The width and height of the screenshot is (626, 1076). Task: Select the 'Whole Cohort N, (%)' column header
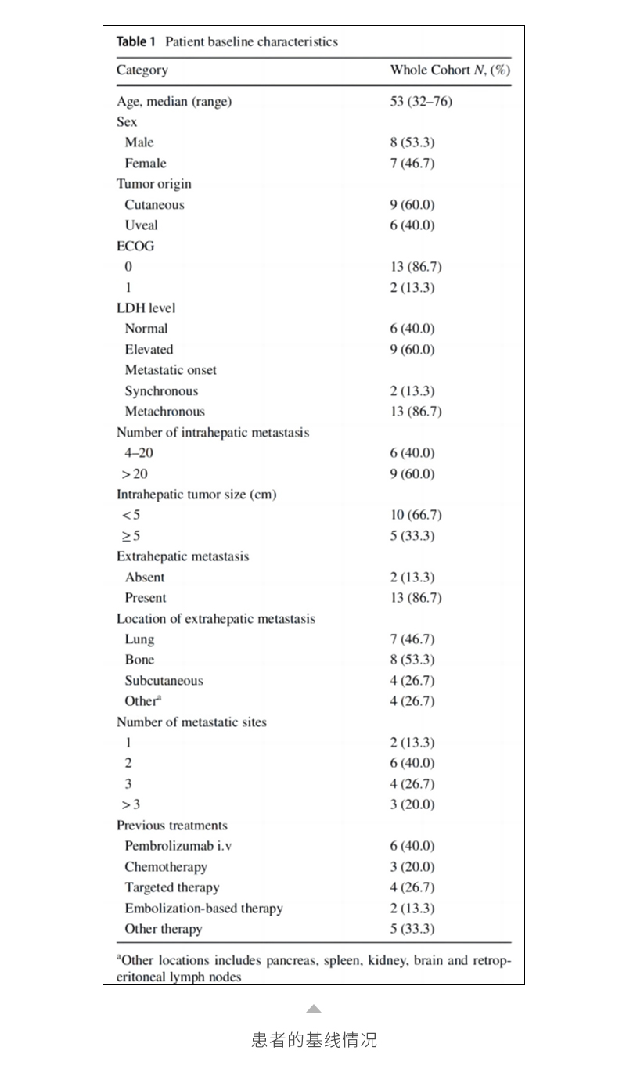coord(450,70)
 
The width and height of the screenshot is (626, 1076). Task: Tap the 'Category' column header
coord(142,70)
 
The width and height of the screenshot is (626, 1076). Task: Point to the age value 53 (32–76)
coord(421,101)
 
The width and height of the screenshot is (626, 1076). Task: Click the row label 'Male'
coord(139,142)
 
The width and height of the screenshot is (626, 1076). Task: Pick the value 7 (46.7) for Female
coord(412,163)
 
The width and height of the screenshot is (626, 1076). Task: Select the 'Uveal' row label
coord(141,225)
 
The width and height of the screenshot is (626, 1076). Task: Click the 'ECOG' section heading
coord(135,246)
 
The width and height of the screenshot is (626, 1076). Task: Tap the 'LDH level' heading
coord(146,308)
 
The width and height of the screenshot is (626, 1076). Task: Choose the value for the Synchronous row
coord(412,391)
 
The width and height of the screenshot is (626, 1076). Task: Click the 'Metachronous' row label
coord(164,412)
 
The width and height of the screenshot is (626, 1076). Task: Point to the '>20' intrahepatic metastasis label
coord(135,474)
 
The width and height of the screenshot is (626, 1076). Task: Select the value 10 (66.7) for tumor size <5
coord(416,515)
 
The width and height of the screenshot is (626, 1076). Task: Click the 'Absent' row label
coord(145,578)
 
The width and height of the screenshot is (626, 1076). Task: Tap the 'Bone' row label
coord(139,660)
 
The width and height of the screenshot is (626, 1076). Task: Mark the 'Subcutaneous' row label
coord(164,681)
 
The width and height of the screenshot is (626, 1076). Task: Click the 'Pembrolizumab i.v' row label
coord(174,846)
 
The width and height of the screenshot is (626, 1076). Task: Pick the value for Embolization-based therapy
coord(412,909)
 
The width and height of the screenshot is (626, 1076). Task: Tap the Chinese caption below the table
coord(314,1040)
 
